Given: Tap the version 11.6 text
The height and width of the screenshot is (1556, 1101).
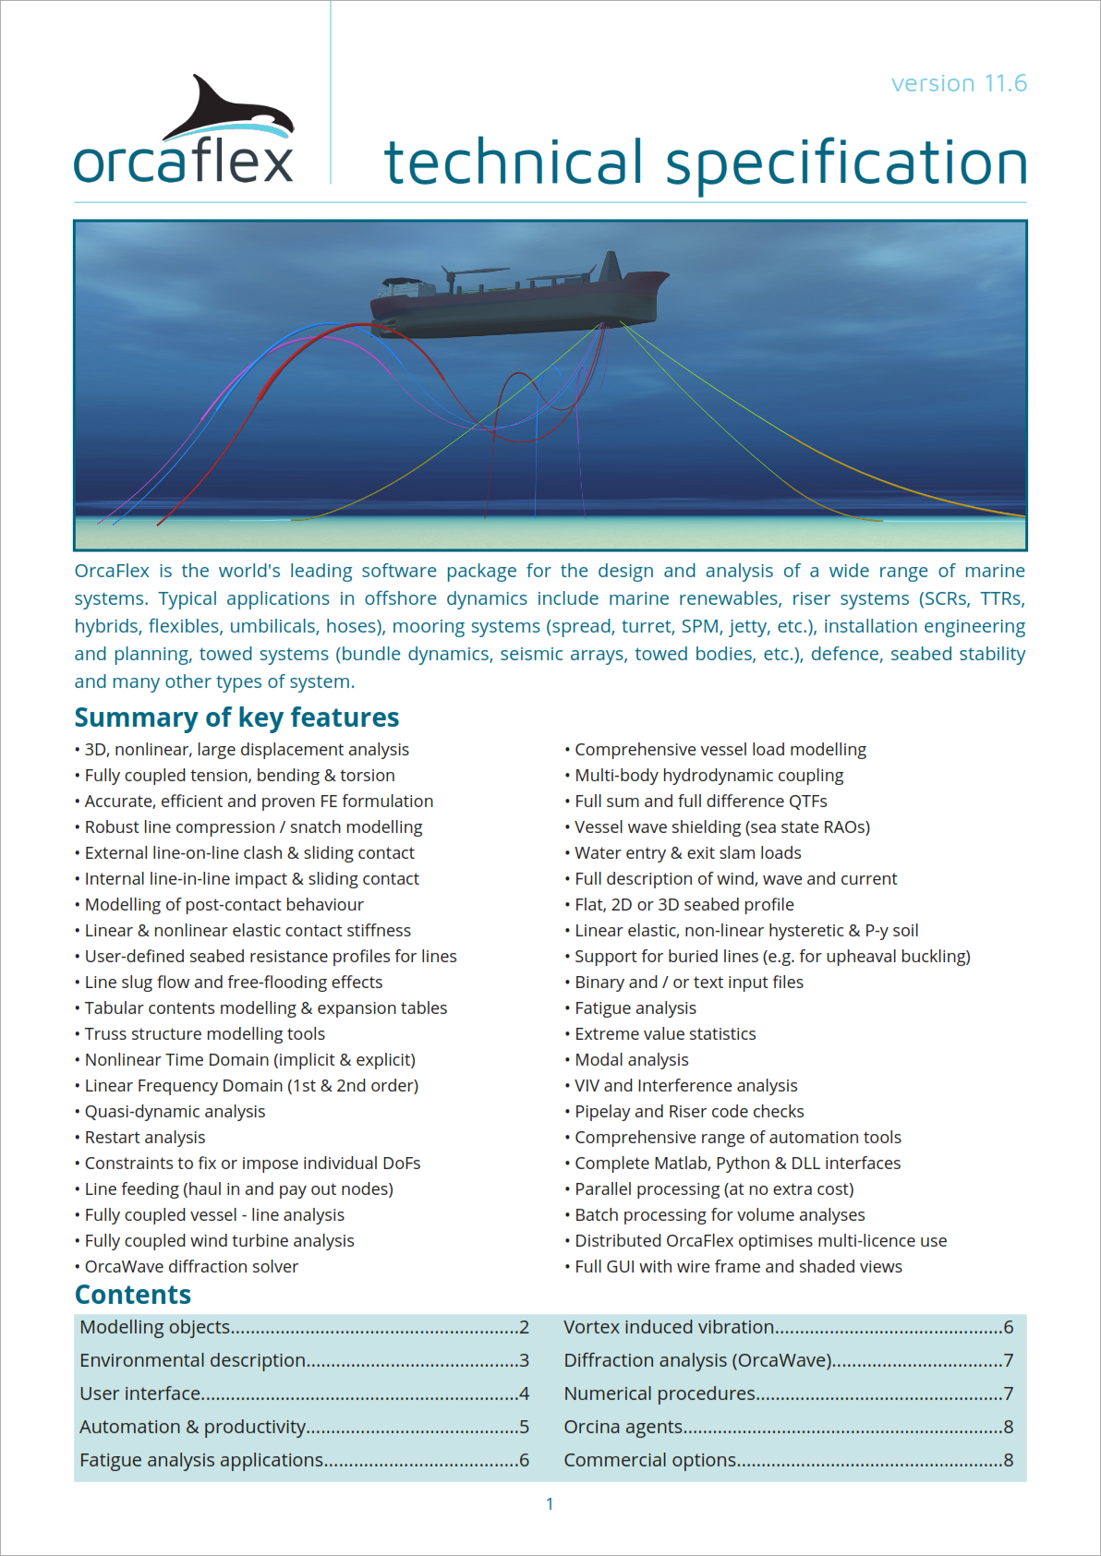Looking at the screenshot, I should (x=959, y=84).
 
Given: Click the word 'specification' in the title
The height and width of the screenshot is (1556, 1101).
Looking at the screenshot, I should (x=846, y=164).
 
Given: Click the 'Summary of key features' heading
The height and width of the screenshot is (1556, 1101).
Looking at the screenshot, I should (x=236, y=718).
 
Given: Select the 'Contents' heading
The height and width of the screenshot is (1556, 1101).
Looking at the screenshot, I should (x=133, y=1295).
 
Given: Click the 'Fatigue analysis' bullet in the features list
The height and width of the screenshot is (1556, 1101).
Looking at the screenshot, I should (x=635, y=1008).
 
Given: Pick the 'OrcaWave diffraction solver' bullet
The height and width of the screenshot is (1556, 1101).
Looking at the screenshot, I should (x=191, y=1267).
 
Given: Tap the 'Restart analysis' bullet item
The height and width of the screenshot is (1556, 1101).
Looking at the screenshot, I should (x=145, y=1138).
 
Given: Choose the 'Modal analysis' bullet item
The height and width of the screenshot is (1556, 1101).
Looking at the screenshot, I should (x=632, y=1060).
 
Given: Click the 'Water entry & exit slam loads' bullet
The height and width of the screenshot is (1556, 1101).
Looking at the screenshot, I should (x=688, y=853).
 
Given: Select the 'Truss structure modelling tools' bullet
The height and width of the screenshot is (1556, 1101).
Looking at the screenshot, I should (x=204, y=1034).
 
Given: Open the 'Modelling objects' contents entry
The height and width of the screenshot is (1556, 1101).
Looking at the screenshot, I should (x=155, y=1327).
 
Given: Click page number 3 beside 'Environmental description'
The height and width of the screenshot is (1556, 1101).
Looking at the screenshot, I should (x=524, y=1360).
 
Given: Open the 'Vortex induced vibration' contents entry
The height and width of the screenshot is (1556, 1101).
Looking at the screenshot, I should (x=669, y=1327).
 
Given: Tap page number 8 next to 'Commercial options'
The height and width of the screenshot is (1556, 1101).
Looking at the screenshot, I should (x=1008, y=1460).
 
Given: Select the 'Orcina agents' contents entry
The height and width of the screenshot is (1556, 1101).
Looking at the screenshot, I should (x=623, y=1427).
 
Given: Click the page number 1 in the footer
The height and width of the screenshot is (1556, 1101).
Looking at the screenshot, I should (x=550, y=1504).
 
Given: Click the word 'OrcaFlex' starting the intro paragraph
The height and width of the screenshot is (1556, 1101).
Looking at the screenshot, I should (x=112, y=571).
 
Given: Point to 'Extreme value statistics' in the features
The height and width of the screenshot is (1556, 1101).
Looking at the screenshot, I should (x=665, y=1034).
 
